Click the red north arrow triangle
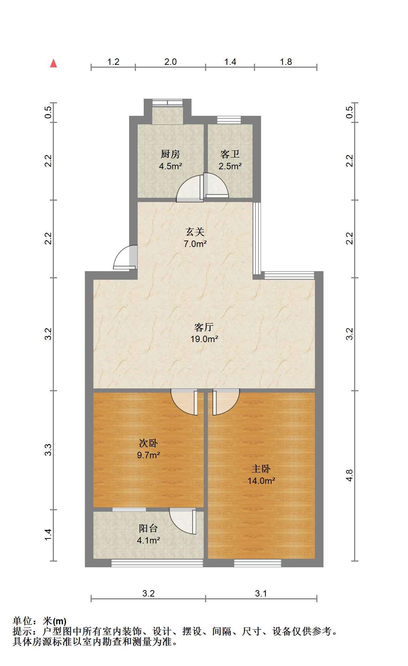click(53, 63)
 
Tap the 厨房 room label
click(170, 154)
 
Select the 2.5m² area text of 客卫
click(230, 166)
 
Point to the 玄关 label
click(195, 232)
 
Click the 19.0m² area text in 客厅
click(204, 339)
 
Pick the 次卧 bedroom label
click(148, 443)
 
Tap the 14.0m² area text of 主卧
click(261, 481)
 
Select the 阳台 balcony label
click(148, 528)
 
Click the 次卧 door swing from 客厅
click(184, 402)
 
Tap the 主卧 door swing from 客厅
click(226, 402)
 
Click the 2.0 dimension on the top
click(170, 62)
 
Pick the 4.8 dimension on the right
click(350, 476)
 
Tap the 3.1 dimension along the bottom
click(261, 593)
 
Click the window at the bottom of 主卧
click(257, 563)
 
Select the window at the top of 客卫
click(229, 120)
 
